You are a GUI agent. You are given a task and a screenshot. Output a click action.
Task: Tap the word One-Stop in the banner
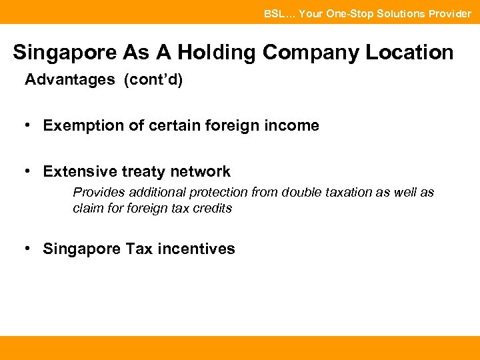click(350, 13)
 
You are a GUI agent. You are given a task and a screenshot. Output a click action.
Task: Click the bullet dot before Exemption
click(28, 125)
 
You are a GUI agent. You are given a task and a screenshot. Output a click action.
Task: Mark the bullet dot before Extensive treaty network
click(28, 171)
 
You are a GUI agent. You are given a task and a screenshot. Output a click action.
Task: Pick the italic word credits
click(213, 208)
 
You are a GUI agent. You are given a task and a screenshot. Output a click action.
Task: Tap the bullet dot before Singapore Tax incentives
click(28, 249)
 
